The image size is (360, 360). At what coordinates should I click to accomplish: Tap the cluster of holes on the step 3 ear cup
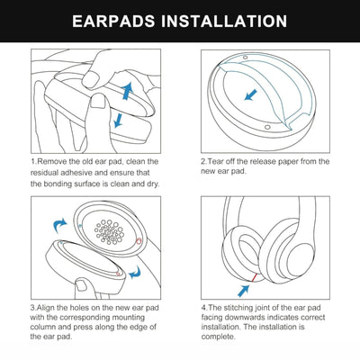tap(109, 234)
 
